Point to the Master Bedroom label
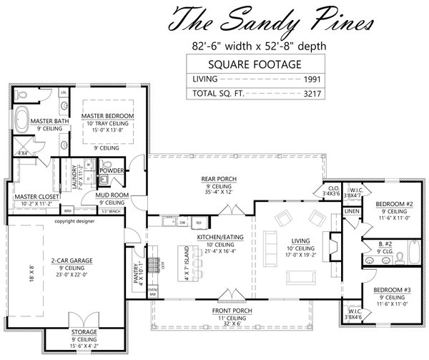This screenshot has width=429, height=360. pos(107,115)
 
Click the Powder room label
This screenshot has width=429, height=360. pos(112,170)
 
